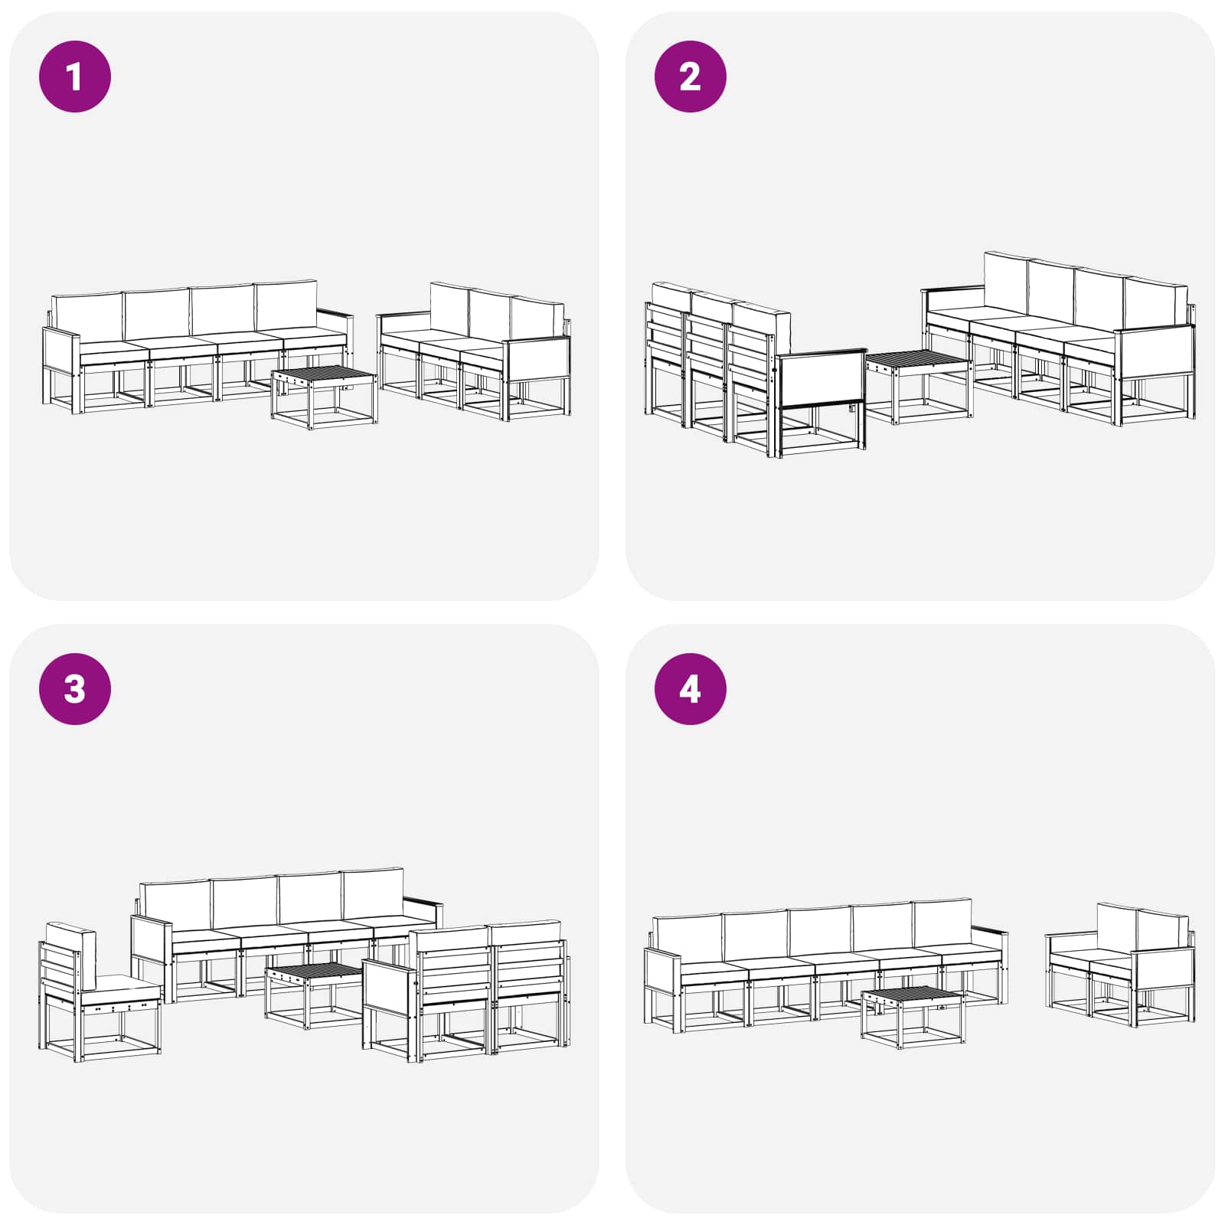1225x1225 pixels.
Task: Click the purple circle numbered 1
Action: pyautogui.click(x=75, y=77)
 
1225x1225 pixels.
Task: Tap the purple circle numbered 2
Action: pyautogui.click(x=691, y=77)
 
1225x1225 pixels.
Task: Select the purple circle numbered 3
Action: pyautogui.click(x=75, y=689)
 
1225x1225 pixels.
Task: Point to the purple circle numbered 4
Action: pyautogui.click(x=691, y=689)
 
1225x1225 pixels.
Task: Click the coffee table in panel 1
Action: pyautogui.click(x=324, y=397)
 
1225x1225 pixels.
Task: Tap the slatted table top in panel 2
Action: pyautogui.click(x=918, y=362)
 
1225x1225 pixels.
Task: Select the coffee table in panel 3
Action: pyautogui.click(x=315, y=995)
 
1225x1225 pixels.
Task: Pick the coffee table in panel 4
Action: pyautogui.click(x=912, y=1017)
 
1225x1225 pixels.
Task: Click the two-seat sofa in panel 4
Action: pyautogui.click(x=1120, y=965)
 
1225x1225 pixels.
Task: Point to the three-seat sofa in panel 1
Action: pyautogui.click(x=474, y=351)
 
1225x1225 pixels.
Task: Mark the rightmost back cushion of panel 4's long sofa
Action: pyautogui.click(x=942, y=924)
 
